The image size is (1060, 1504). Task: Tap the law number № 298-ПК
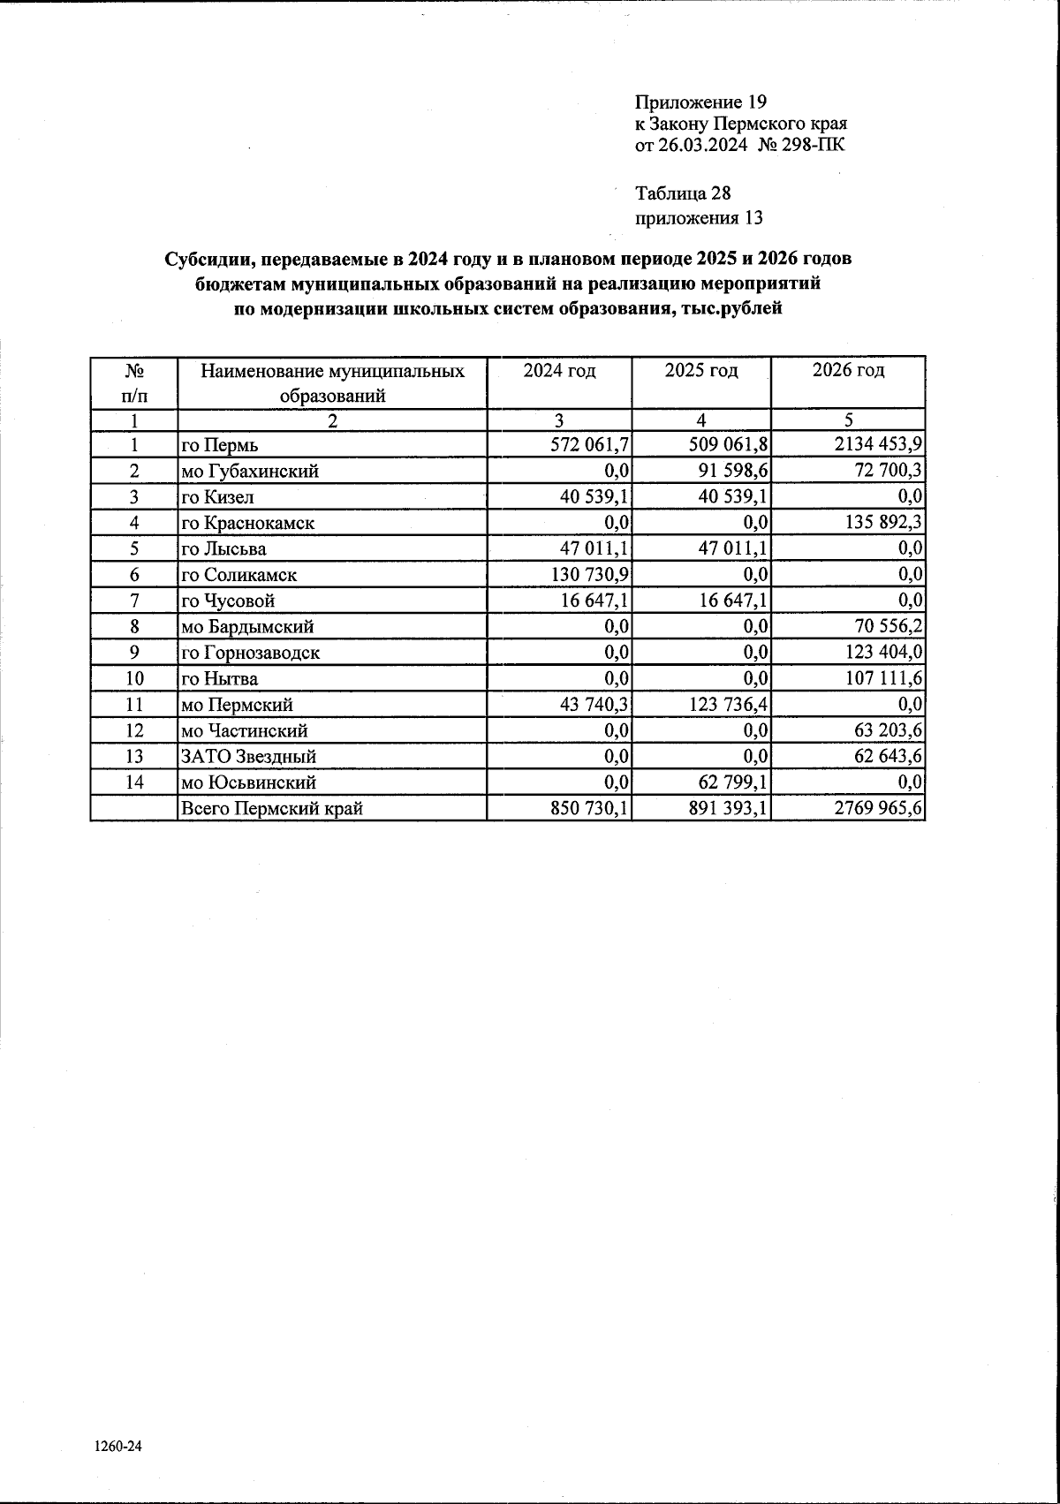tap(801, 144)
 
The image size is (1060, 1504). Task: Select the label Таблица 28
tap(683, 193)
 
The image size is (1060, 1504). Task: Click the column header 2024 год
tap(559, 371)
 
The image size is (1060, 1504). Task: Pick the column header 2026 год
tap(848, 371)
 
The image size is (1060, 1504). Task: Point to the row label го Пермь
tap(219, 445)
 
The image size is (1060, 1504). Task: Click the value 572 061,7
tap(589, 444)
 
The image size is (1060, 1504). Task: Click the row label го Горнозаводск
tap(250, 653)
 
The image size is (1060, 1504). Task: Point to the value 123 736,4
tap(724, 704)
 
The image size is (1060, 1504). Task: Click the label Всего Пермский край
tap(272, 808)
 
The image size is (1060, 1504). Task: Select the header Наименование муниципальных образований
tap(332, 383)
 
